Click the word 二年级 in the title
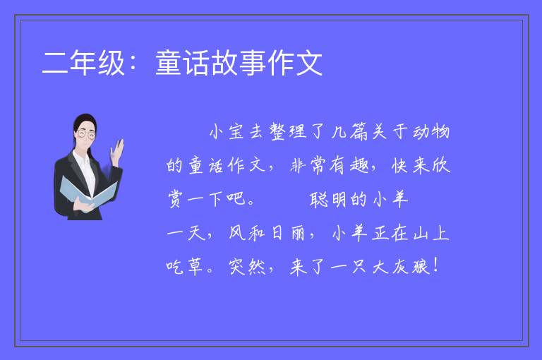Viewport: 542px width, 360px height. pyautogui.click(x=83, y=63)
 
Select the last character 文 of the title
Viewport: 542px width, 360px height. pyautogui.click(x=309, y=63)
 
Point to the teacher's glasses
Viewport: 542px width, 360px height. pyautogui.click(x=86, y=134)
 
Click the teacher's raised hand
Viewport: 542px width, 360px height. pyautogui.click(x=117, y=151)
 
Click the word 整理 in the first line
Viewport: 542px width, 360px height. pyautogui.click(x=288, y=132)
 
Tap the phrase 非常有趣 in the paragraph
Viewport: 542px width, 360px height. pyautogui.click(x=329, y=165)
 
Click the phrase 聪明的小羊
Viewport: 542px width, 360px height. pyautogui.click(x=359, y=199)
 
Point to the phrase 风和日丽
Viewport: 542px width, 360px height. pyautogui.click(x=267, y=233)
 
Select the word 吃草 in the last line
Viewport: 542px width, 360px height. pyautogui.click(x=184, y=267)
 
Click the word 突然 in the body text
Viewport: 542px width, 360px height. pyautogui.click(x=247, y=267)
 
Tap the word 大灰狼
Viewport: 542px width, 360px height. pyautogui.click(x=401, y=267)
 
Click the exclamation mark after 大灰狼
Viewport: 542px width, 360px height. pyautogui.click(x=435, y=265)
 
